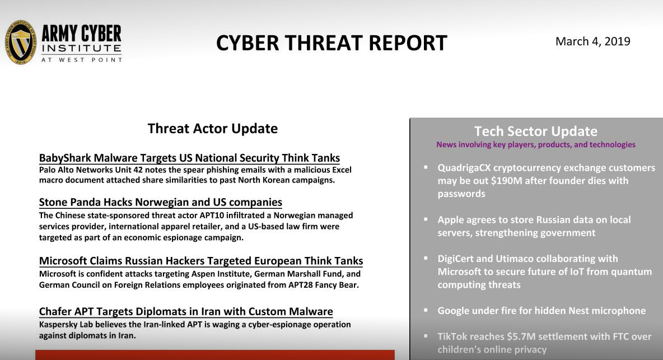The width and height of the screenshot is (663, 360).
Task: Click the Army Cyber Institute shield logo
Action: [21, 43]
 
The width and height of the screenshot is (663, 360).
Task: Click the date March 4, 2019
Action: [592, 41]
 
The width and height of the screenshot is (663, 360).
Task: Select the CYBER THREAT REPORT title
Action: [331, 43]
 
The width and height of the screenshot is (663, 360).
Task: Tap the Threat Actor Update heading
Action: [212, 129]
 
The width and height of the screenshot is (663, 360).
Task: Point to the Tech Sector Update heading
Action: [535, 132]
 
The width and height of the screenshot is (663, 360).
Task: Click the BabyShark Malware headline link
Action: [189, 158]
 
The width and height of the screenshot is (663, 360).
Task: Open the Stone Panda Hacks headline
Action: [160, 202]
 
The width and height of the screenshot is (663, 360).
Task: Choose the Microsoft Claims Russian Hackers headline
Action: [201, 261]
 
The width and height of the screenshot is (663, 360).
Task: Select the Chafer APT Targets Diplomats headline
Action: [186, 312]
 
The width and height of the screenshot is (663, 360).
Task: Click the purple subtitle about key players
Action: [535, 144]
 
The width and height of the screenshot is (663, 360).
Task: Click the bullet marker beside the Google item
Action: [426, 310]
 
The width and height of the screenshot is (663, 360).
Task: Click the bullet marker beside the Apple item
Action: [426, 219]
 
